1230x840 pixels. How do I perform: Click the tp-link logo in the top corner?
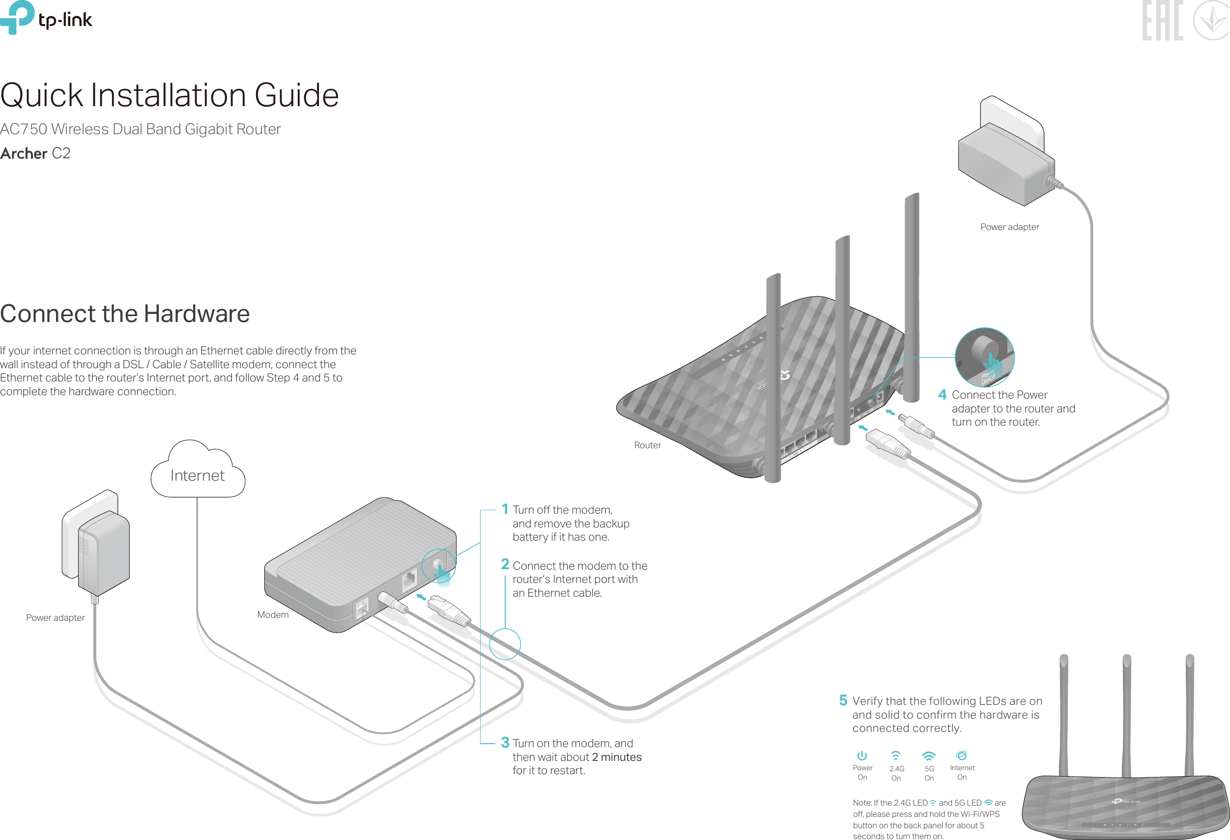46,18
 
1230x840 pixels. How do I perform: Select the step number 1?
505,509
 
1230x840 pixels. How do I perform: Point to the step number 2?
505,565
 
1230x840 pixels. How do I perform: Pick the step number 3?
505,743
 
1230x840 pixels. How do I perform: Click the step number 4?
942,394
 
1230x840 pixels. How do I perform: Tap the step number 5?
843,700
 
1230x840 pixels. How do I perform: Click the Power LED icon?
862,756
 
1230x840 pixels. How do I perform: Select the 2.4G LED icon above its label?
895,756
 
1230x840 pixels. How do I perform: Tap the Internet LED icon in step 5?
962,755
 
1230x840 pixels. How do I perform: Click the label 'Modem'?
273,614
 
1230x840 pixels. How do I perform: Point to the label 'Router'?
647,445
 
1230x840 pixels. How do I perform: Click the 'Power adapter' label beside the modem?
56,618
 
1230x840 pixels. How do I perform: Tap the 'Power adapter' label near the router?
1010,227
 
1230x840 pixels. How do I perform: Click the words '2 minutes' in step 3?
617,757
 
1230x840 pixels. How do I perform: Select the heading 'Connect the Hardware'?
125,314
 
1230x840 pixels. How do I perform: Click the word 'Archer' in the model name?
24,153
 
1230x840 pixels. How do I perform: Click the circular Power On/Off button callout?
984,357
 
